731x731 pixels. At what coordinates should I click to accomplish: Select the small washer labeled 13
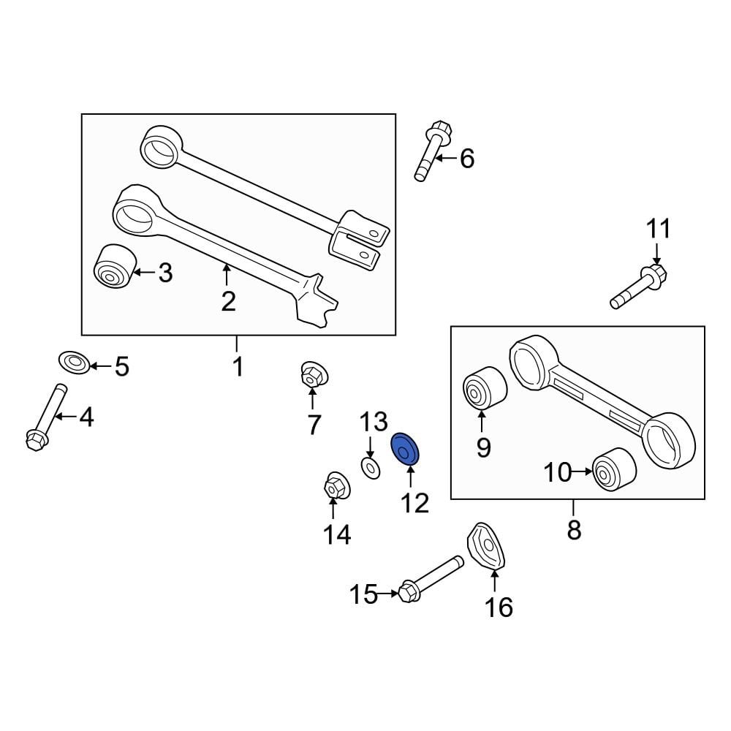point(370,467)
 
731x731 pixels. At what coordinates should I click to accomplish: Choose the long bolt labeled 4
point(44,417)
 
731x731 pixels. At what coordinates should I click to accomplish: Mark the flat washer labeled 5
point(74,361)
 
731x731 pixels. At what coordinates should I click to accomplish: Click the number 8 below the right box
point(574,529)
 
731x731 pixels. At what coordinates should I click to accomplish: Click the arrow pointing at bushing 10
point(582,473)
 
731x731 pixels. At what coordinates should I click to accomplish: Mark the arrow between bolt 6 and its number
point(447,157)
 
